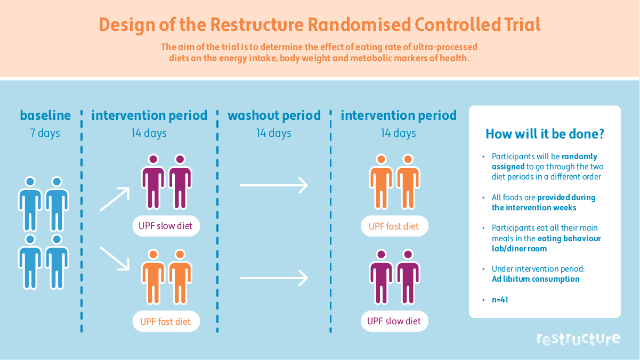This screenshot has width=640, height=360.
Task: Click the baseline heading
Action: click(x=45, y=116)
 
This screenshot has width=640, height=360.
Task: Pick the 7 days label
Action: click(x=45, y=133)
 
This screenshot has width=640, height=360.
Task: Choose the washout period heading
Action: click(x=274, y=116)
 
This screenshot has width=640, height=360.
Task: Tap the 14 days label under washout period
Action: click(x=274, y=133)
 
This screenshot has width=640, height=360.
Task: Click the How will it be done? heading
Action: click(x=545, y=134)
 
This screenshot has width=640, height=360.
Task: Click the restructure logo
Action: click(x=578, y=339)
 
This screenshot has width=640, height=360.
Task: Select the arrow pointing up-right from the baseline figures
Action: click(x=115, y=199)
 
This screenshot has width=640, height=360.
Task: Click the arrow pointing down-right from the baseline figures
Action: click(x=115, y=258)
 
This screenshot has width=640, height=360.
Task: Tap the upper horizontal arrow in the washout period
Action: click(x=274, y=185)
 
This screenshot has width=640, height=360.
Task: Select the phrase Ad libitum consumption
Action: click(x=536, y=279)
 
